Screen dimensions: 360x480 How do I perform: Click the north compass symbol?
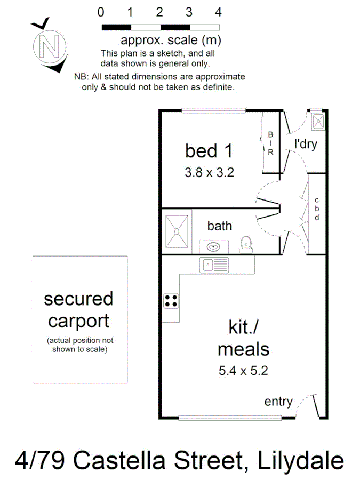click(50, 46)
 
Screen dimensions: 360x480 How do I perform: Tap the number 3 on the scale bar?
click(189, 12)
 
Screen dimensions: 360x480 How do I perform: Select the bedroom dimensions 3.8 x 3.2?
click(210, 172)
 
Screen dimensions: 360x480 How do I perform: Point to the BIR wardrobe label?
click(270, 143)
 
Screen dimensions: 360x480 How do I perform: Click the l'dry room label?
click(305, 144)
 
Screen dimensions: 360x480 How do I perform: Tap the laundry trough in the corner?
click(318, 122)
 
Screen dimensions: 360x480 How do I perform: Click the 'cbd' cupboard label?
click(317, 209)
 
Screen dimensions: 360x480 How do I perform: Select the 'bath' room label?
click(220, 226)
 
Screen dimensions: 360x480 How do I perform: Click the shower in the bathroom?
click(177, 231)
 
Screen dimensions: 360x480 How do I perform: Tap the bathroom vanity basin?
click(213, 247)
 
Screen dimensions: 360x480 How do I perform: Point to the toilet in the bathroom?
click(246, 245)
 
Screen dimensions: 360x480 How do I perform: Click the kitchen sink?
click(214, 265)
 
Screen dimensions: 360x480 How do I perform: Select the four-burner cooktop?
click(171, 301)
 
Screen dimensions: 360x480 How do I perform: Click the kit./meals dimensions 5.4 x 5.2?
click(243, 371)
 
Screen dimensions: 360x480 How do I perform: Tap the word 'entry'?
click(278, 402)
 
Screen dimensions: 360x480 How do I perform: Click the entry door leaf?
click(316, 406)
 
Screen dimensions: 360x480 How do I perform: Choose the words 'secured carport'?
click(79, 310)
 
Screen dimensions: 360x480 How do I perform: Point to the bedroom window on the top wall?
click(214, 110)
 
